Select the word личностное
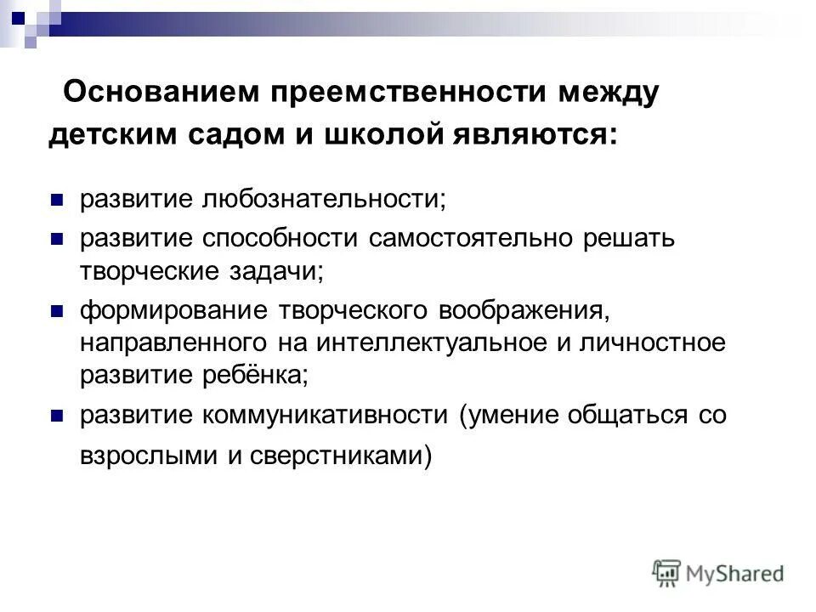tap(649, 343)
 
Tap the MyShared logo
tap(718, 573)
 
